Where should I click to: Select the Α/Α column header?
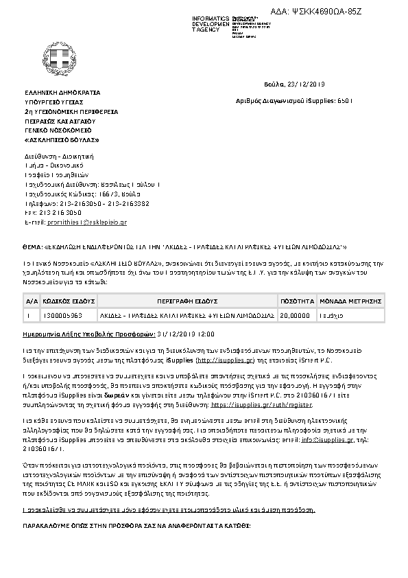click(x=32, y=301)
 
